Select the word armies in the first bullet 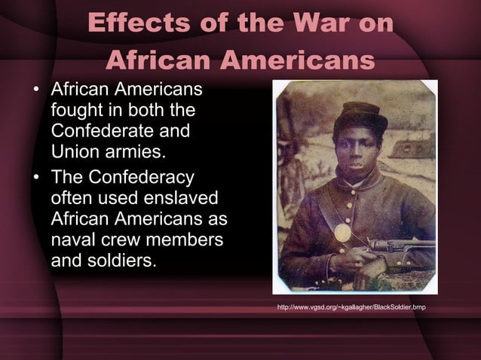coord(136,153)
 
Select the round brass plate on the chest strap coord(342,232)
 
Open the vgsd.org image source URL coord(351,308)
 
